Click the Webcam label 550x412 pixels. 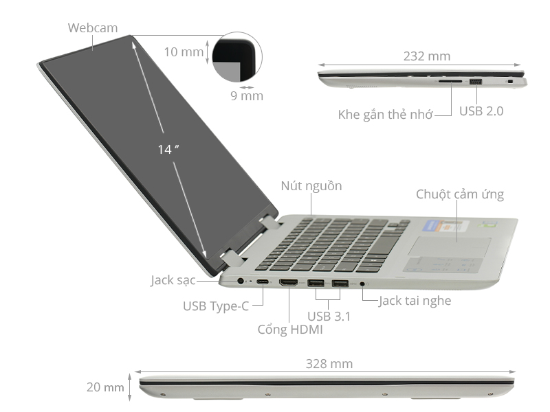tap(93, 28)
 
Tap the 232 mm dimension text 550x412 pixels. tap(422, 56)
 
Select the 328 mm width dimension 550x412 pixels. tap(329, 364)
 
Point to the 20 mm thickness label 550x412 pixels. tap(105, 387)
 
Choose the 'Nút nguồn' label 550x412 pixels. tap(311, 186)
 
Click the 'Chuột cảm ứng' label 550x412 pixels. tap(459, 194)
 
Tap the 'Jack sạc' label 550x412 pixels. tap(173, 280)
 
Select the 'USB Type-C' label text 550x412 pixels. tap(215, 306)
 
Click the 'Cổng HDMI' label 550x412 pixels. tap(289, 329)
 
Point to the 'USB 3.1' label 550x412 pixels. tap(329, 317)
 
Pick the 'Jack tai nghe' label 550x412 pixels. tap(415, 300)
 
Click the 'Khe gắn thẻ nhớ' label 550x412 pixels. tap(385, 115)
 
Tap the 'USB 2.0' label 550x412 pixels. tap(481, 111)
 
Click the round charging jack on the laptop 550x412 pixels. tap(241, 281)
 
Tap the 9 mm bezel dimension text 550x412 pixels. tap(246, 96)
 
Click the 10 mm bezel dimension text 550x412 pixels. tap(183, 51)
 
